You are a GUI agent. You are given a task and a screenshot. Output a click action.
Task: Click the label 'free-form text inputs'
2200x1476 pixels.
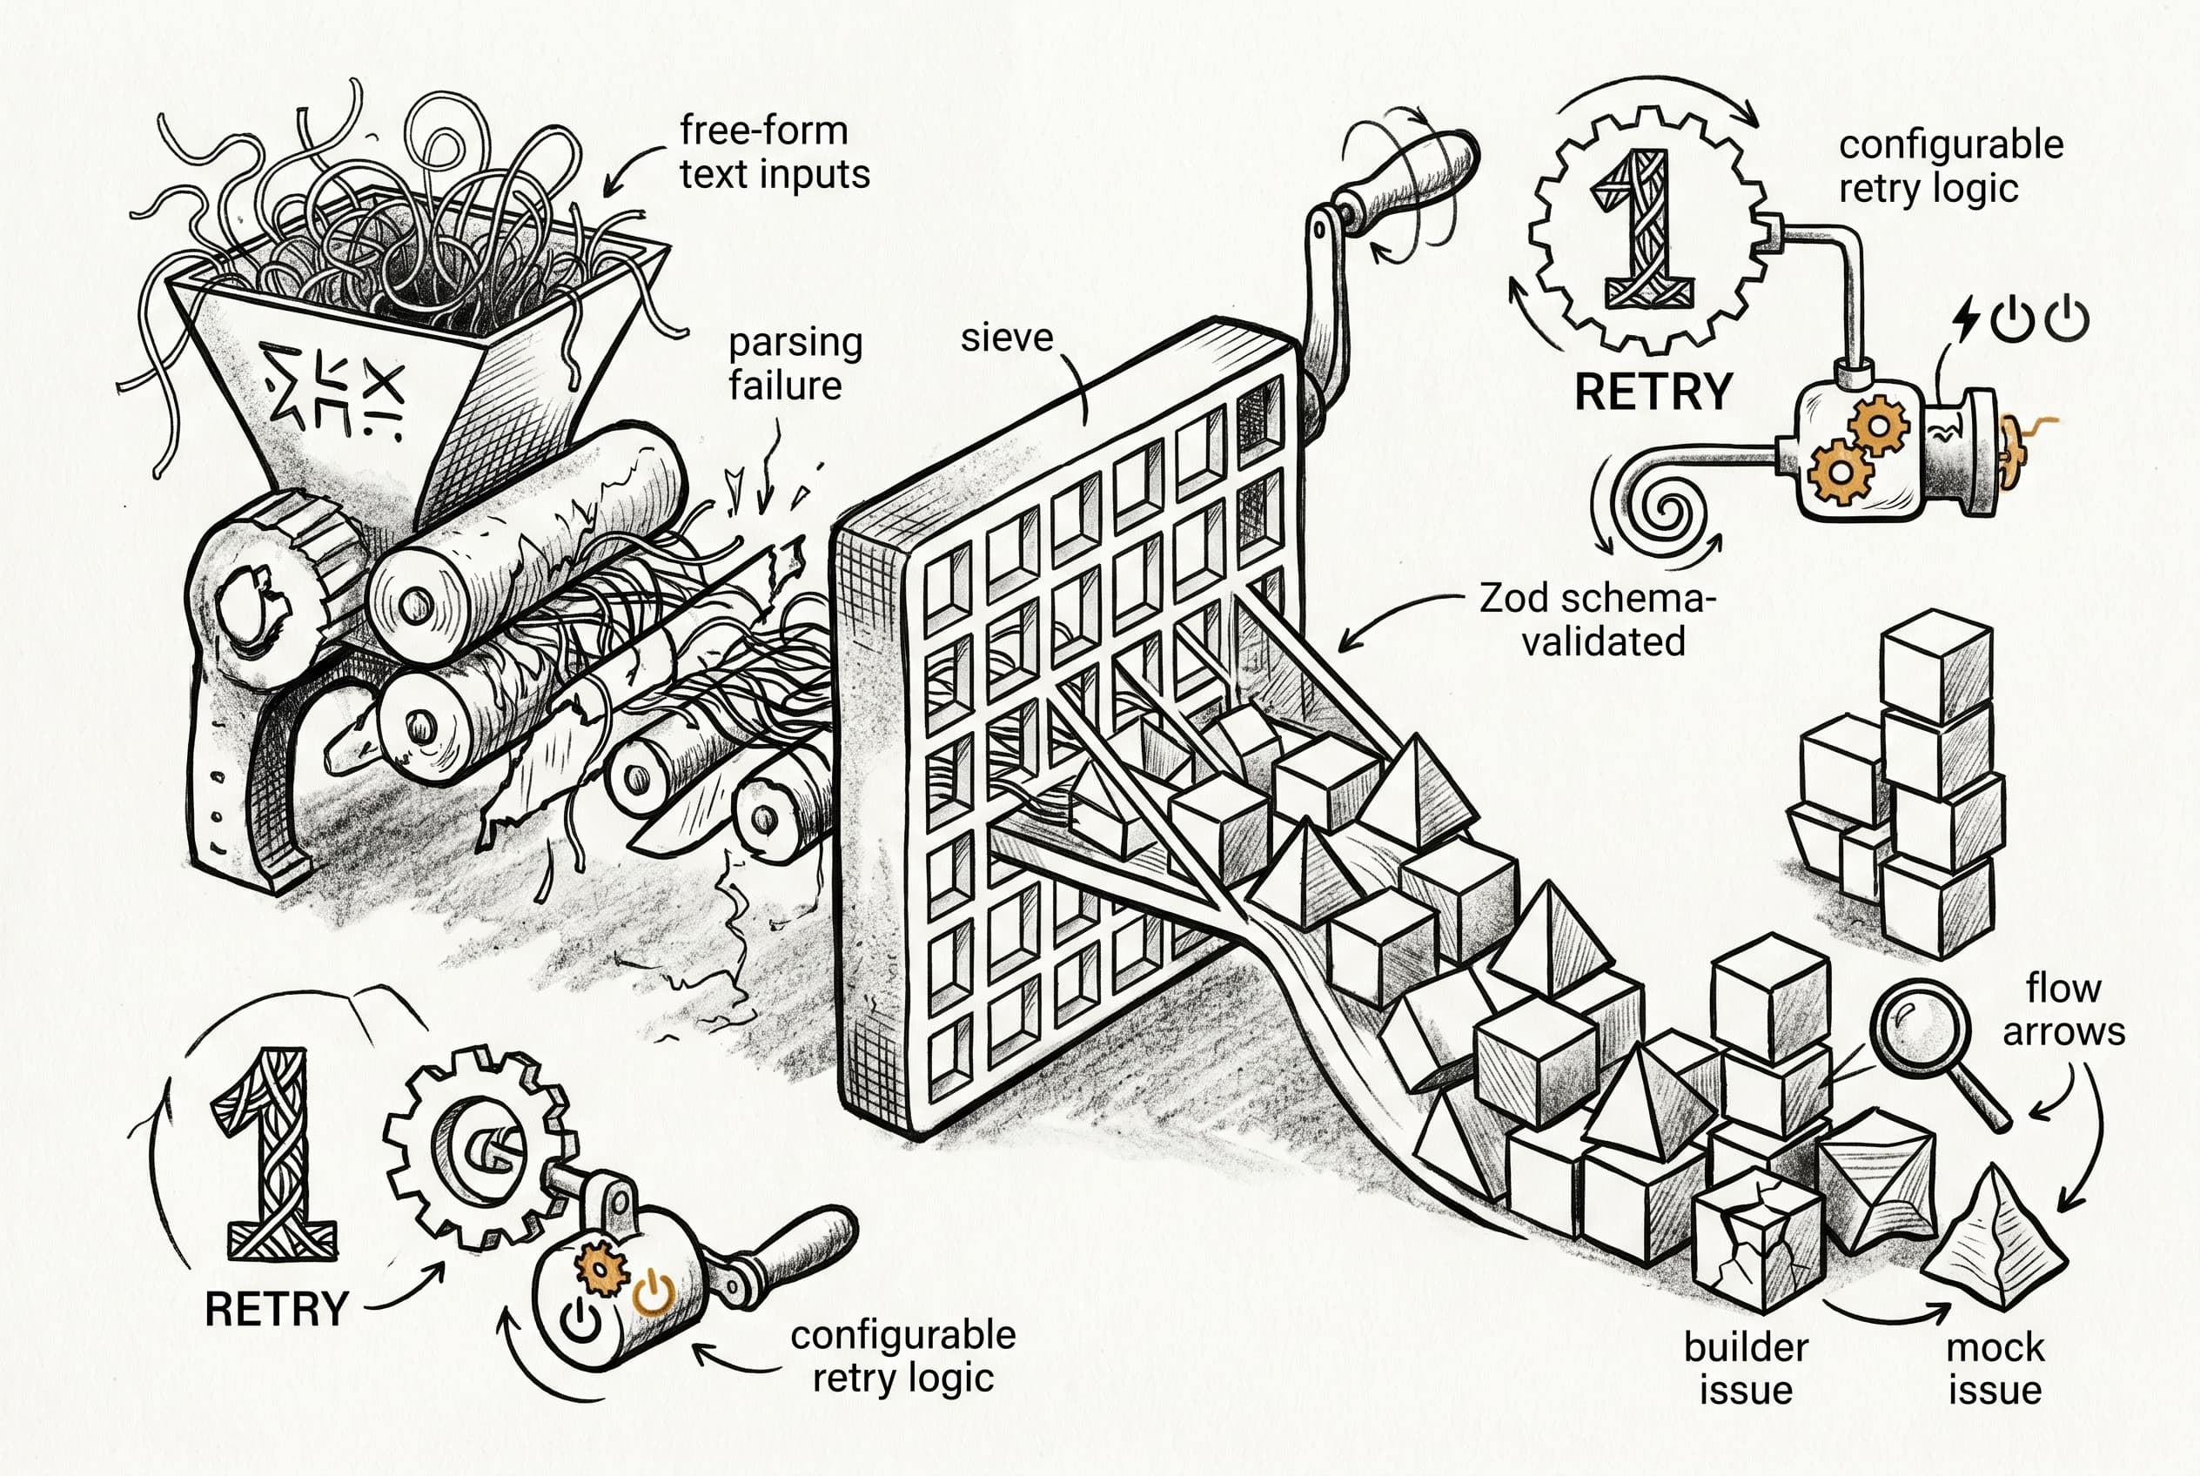pos(774,152)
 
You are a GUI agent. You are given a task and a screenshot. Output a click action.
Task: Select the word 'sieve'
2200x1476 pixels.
pos(1006,338)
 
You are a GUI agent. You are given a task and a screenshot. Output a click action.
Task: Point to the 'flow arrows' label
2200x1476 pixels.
pos(2062,1010)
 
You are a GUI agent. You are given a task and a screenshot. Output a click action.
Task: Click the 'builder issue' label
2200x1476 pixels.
pos(1746,1368)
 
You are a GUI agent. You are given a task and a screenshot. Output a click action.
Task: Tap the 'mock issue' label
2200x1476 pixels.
pos(1995,1368)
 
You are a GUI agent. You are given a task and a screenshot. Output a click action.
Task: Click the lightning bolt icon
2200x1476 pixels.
pos(1967,318)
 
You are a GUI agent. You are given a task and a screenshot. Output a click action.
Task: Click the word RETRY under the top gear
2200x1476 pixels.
pos(1653,392)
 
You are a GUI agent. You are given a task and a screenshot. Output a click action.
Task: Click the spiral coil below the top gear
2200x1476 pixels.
pos(1668,513)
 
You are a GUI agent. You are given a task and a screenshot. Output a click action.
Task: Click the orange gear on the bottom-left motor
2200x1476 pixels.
pos(600,1268)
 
